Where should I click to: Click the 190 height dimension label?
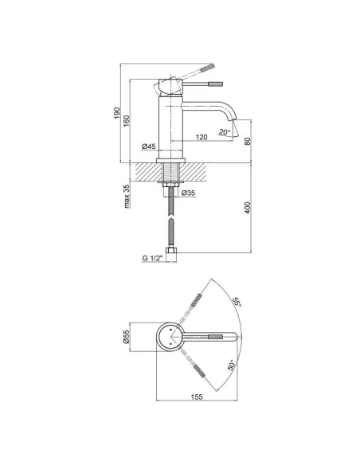click(117, 113)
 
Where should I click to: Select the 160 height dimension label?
click(127, 121)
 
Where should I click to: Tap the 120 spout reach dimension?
click(202, 137)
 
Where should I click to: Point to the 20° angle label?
click(225, 132)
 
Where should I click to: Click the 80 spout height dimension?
click(248, 141)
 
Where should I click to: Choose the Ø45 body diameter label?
click(149, 147)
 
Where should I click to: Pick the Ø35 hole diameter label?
click(188, 193)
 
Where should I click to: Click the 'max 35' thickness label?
click(127, 197)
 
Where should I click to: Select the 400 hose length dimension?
click(248, 208)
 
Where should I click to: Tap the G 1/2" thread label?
click(153, 258)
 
